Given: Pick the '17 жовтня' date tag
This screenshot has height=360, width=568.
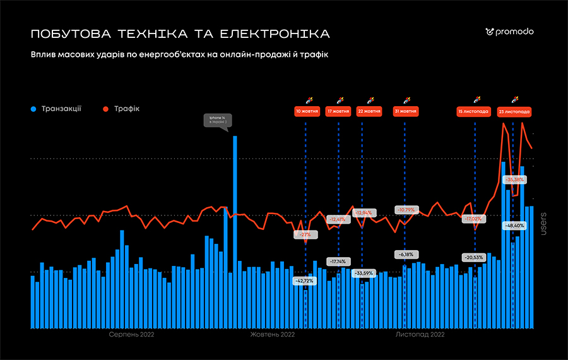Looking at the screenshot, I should [338, 111].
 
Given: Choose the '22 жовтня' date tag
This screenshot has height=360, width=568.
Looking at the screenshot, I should [369, 111].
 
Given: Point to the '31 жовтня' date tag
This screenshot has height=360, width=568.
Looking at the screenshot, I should [406, 111].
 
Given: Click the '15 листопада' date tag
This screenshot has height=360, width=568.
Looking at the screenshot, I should [473, 111].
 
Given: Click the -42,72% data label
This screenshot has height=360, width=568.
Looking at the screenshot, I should [305, 280].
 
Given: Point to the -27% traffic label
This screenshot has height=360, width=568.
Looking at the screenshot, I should [305, 234].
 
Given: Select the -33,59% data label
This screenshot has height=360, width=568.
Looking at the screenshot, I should [363, 273].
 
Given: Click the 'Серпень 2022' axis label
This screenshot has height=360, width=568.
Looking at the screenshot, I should [131, 334].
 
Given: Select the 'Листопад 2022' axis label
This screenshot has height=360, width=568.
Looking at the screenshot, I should [420, 334].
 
